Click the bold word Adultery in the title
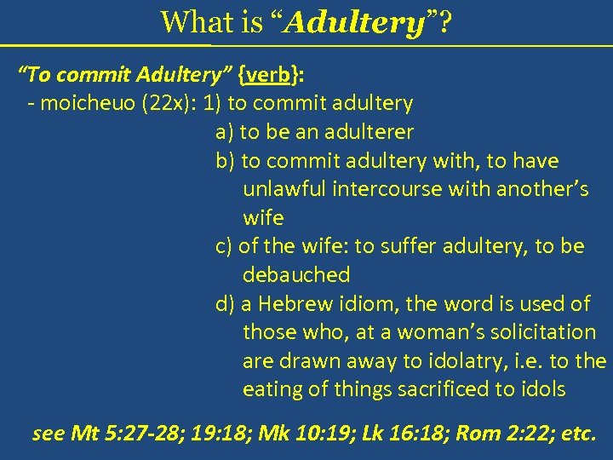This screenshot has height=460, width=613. click(356, 22)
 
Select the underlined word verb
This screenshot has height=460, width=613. click(268, 75)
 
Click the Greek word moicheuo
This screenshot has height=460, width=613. click(81, 104)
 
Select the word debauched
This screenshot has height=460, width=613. click(296, 275)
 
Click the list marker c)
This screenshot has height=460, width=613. click(225, 247)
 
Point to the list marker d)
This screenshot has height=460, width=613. click(226, 304)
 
